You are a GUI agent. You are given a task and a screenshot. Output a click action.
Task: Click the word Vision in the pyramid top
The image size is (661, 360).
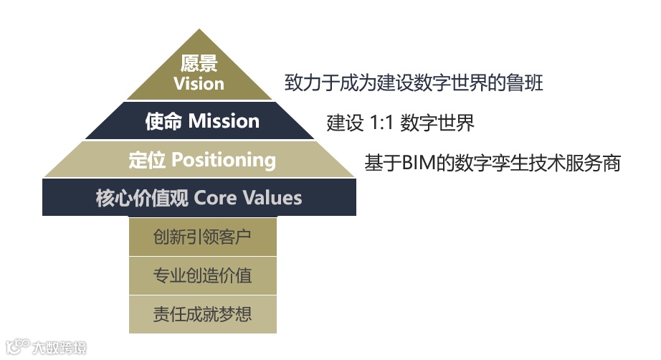(x=199, y=83)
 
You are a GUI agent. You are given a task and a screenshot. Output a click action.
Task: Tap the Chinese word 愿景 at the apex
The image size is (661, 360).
(x=199, y=63)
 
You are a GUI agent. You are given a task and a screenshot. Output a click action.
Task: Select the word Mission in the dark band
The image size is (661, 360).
(x=224, y=121)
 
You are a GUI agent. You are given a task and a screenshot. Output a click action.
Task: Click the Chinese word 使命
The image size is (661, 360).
(x=163, y=121)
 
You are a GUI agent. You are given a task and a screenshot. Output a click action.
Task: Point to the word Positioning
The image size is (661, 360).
(x=224, y=159)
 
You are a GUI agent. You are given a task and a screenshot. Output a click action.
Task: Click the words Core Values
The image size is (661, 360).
(x=248, y=197)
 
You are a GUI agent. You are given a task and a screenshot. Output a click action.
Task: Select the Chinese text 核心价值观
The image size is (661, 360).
(x=142, y=197)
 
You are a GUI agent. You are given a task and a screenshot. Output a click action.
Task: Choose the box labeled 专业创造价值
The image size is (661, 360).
(x=202, y=275)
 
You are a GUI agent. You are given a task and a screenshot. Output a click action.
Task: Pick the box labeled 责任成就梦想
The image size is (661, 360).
(x=202, y=314)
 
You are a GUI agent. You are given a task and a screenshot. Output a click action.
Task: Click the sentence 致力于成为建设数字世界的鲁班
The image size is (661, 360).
(x=414, y=82)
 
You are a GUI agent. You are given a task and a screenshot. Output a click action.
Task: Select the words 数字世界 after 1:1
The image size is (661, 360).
(x=437, y=123)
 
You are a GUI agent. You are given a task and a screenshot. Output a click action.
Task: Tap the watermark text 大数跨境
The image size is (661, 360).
(x=60, y=348)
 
